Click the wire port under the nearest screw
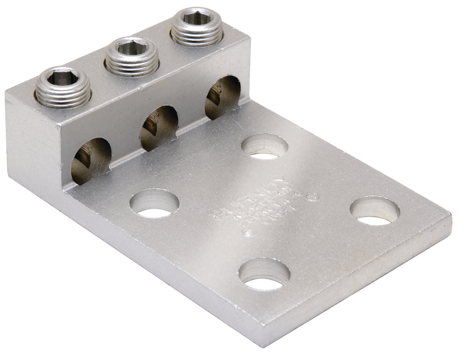[92, 161]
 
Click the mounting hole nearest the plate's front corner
[264, 275]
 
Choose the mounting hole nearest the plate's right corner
[375, 211]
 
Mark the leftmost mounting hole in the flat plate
[155, 204]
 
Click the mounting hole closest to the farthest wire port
[265, 147]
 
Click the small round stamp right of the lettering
[314, 198]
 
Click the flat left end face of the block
[31, 140]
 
